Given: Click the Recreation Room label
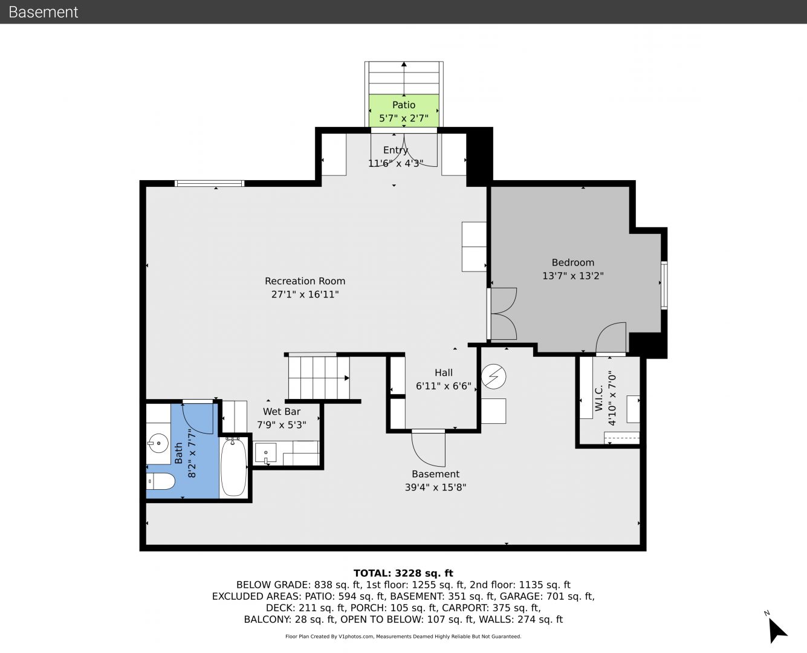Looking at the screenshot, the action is (305, 281).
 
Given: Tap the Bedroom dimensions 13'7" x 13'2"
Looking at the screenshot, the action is (573, 276).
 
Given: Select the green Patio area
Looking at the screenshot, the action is (404, 111).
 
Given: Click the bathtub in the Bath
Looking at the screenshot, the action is (233, 467).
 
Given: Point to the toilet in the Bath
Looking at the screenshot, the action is (160, 481).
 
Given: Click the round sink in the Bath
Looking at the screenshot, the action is (158, 443).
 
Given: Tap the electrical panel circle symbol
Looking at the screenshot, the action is (493, 376).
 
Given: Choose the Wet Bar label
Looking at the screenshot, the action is (282, 412).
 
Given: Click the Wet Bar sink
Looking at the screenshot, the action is (265, 452).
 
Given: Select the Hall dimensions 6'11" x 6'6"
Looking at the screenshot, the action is (444, 386).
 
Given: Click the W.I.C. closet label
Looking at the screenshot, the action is (598, 398).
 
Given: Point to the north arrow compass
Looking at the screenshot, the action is (777, 629).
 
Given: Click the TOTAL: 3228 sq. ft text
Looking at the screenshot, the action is (403, 573).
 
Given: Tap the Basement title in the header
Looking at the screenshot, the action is (43, 12).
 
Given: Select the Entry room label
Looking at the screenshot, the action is (395, 150).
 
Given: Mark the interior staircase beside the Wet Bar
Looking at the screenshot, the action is (319, 377).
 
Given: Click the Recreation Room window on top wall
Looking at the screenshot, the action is (210, 183).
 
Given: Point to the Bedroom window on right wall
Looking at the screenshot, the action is (664, 285).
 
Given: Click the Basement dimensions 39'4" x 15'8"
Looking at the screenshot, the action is (435, 487).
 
